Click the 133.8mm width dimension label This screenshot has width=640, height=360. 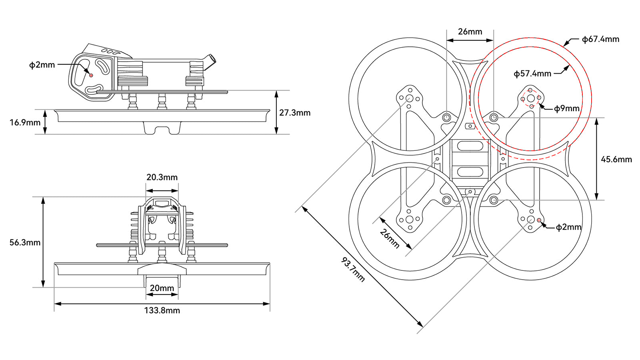(162, 310)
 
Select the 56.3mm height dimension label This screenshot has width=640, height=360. (25, 242)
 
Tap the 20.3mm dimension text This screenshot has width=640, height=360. (162, 177)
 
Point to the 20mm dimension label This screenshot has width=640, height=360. (162, 288)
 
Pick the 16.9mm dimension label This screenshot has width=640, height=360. (25, 122)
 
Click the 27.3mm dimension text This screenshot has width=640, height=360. (295, 113)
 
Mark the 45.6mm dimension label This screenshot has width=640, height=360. (616, 159)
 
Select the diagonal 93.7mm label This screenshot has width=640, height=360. (353, 270)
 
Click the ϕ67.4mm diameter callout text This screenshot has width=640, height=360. (600, 39)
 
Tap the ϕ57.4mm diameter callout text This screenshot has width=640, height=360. (532, 74)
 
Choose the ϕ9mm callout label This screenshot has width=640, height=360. (567, 108)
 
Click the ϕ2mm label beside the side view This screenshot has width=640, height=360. (42, 65)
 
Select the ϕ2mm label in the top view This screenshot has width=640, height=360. (568, 227)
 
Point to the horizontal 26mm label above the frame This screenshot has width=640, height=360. (470, 32)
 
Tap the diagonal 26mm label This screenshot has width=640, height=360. (389, 238)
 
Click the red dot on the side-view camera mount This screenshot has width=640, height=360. (91, 75)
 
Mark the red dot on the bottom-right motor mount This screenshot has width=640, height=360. (539, 220)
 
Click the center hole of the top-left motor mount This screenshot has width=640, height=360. (409, 98)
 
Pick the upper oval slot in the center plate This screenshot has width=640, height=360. (470, 146)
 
